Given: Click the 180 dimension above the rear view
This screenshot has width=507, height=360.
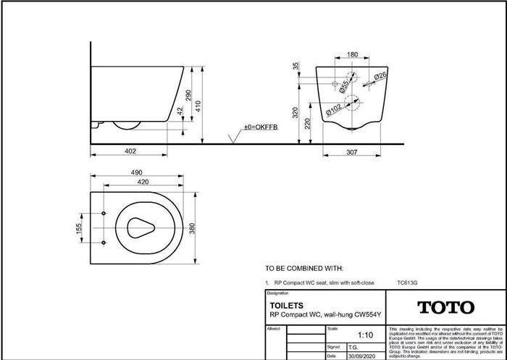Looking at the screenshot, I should tap(353, 55).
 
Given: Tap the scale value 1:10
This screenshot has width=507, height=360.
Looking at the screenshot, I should tap(366, 335).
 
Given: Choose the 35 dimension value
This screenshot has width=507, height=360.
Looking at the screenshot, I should tap(296, 66).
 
